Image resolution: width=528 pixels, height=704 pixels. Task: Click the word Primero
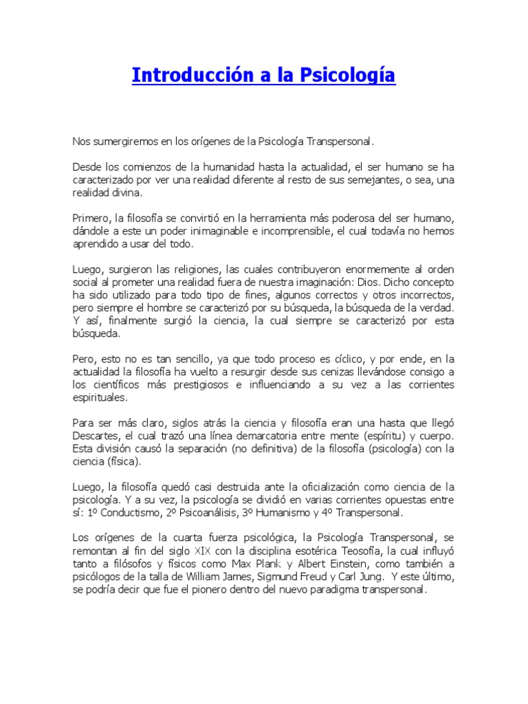91,218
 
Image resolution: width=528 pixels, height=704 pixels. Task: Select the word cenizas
320,372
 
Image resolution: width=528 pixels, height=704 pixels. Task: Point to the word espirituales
100,397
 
